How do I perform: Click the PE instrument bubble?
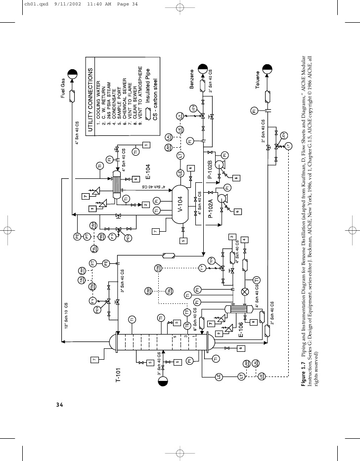pyautogui.click(x=78, y=236)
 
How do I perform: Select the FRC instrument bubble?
pyautogui.click(x=92, y=286)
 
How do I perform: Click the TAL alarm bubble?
pyautogui.click(x=170, y=292)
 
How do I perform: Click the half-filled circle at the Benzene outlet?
pyautogui.click(x=202, y=68)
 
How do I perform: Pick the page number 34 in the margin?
pyautogui.click(x=59, y=404)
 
